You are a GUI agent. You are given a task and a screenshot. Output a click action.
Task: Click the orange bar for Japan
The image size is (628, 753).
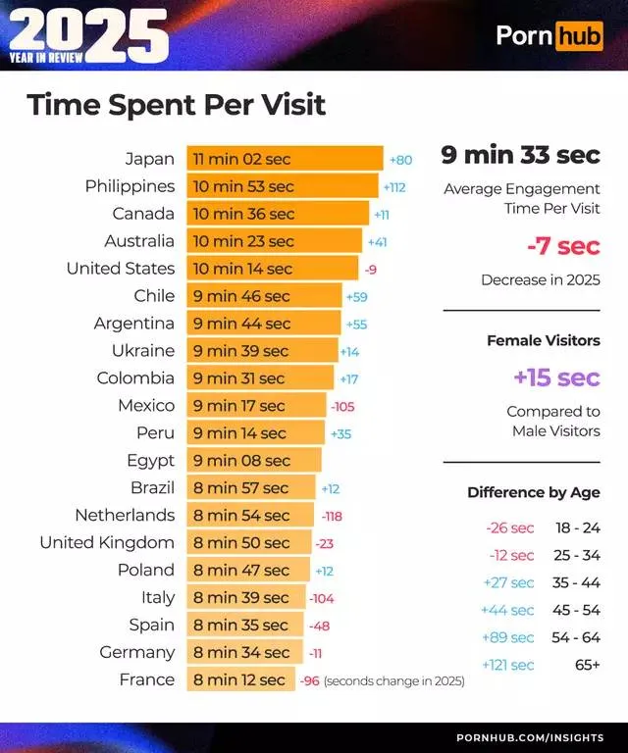tap(285, 159)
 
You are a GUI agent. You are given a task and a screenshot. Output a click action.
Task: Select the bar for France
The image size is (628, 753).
tap(240, 679)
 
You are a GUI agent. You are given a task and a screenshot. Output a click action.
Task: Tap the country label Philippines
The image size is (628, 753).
tap(130, 186)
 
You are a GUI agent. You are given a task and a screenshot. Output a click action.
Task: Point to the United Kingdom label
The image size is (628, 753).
tap(107, 542)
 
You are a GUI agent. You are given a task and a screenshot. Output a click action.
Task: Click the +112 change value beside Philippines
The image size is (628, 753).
tap(394, 186)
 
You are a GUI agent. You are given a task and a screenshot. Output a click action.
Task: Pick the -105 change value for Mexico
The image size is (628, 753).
tap(342, 406)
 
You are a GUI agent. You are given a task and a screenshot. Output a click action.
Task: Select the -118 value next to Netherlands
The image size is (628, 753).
tap(332, 516)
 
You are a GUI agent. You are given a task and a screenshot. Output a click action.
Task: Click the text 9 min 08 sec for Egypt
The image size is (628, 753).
tap(241, 461)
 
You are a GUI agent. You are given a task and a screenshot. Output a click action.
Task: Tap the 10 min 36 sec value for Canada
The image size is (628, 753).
tap(243, 214)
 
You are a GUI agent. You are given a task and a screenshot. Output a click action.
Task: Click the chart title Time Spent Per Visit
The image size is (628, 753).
tap(177, 105)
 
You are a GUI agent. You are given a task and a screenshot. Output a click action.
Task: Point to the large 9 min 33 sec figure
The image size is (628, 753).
tap(520, 155)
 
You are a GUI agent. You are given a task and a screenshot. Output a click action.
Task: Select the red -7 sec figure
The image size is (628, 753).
tap(564, 246)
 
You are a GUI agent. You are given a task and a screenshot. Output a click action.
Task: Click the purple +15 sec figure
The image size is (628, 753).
tap(555, 377)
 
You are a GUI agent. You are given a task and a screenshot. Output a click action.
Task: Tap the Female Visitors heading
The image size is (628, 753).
tap(543, 341)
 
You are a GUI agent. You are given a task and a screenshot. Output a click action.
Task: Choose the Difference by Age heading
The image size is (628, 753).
tap(533, 492)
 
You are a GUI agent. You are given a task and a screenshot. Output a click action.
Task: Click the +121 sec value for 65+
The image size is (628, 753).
tap(508, 665)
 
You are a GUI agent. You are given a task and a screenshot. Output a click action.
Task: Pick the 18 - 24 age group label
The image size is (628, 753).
tap(577, 527)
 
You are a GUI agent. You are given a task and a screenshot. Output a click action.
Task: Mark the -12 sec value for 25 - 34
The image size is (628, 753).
tap(511, 555)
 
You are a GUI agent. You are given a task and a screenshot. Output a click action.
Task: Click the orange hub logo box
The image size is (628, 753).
tap(579, 36)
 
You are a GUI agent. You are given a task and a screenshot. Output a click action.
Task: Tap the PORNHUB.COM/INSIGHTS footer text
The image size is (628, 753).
tap(530, 737)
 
